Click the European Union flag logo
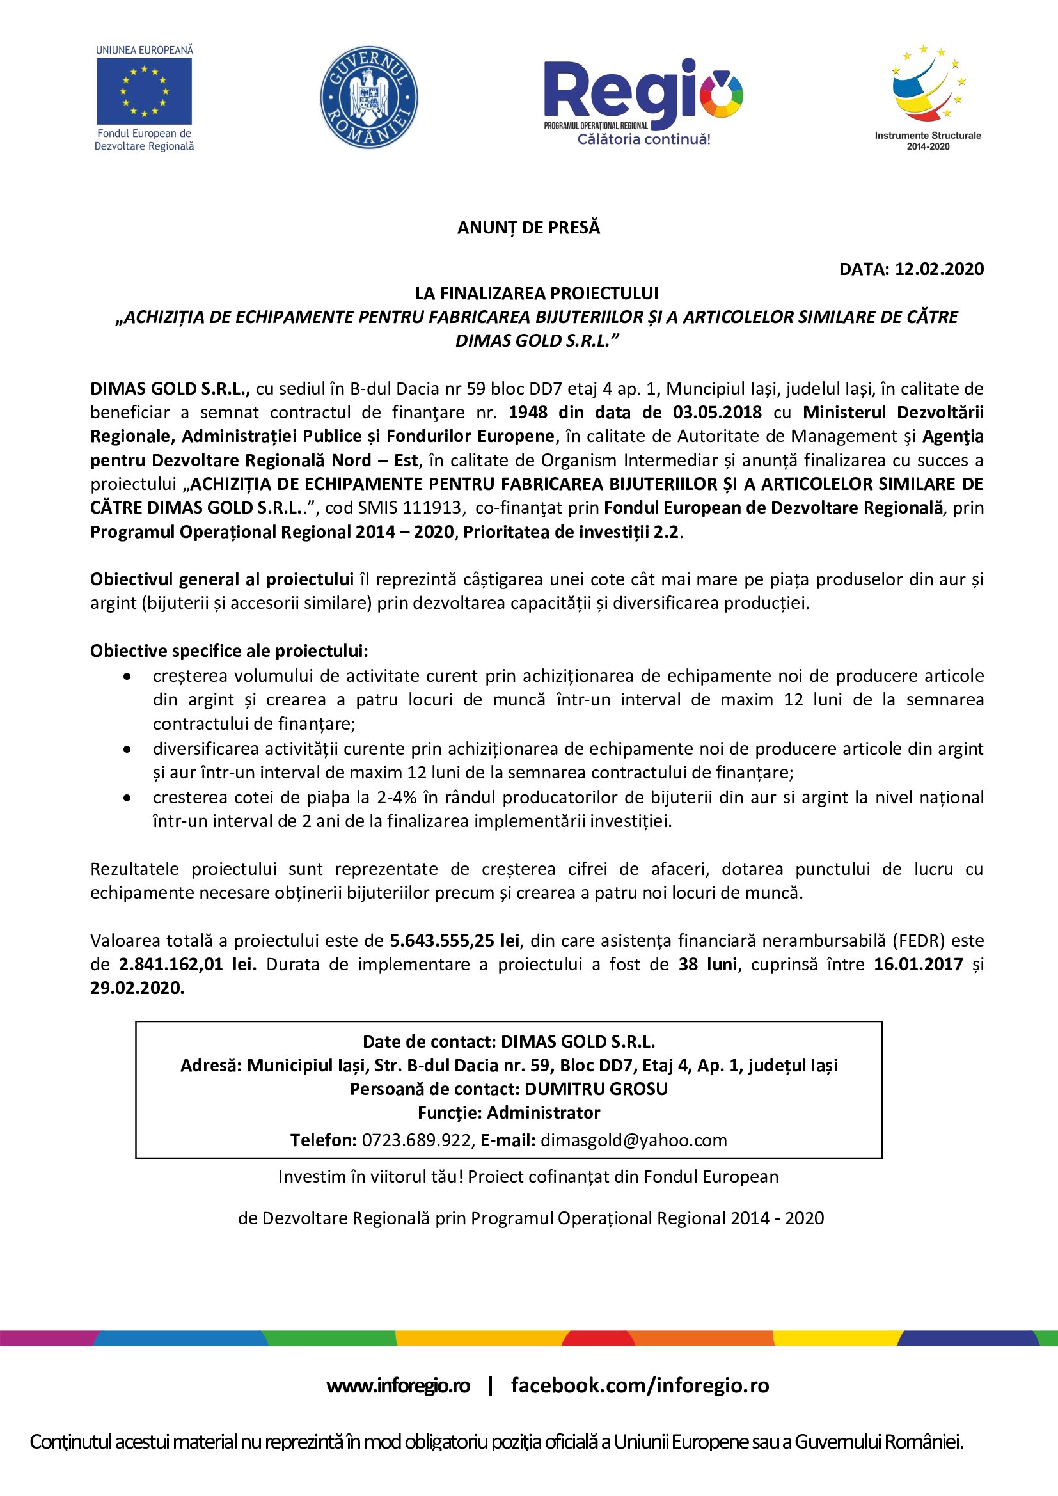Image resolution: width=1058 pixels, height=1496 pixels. tap(144, 91)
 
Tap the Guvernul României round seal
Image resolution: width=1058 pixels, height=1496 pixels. tap(368, 97)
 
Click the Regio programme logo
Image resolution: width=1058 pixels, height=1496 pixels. tap(643, 101)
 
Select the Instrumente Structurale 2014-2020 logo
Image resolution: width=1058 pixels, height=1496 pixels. tap(927, 98)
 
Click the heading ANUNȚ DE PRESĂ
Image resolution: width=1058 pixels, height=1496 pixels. tap(528, 228)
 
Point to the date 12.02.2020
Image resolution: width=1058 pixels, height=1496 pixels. tap(939, 269)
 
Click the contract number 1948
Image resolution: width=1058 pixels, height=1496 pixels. tap(528, 413)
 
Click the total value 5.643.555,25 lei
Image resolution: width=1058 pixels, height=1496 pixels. tap(455, 940)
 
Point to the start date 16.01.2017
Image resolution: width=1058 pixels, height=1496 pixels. tap(918, 965)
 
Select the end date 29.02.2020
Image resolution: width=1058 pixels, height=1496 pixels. tap(137, 988)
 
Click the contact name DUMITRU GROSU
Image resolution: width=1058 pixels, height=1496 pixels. tap(596, 1089)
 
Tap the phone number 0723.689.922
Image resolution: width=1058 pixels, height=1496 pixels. tap(417, 1140)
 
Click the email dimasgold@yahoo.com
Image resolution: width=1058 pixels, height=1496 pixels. tap(634, 1140)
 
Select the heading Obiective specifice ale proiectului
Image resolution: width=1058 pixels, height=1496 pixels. tap(228, 651)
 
